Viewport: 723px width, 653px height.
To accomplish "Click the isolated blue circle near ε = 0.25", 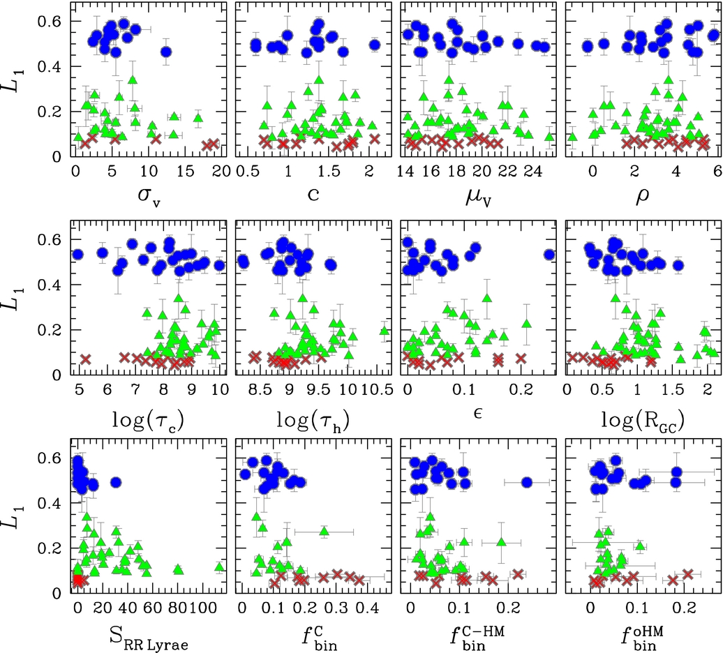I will (549, 255).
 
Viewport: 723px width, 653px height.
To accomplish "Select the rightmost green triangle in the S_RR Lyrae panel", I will (219, 566).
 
